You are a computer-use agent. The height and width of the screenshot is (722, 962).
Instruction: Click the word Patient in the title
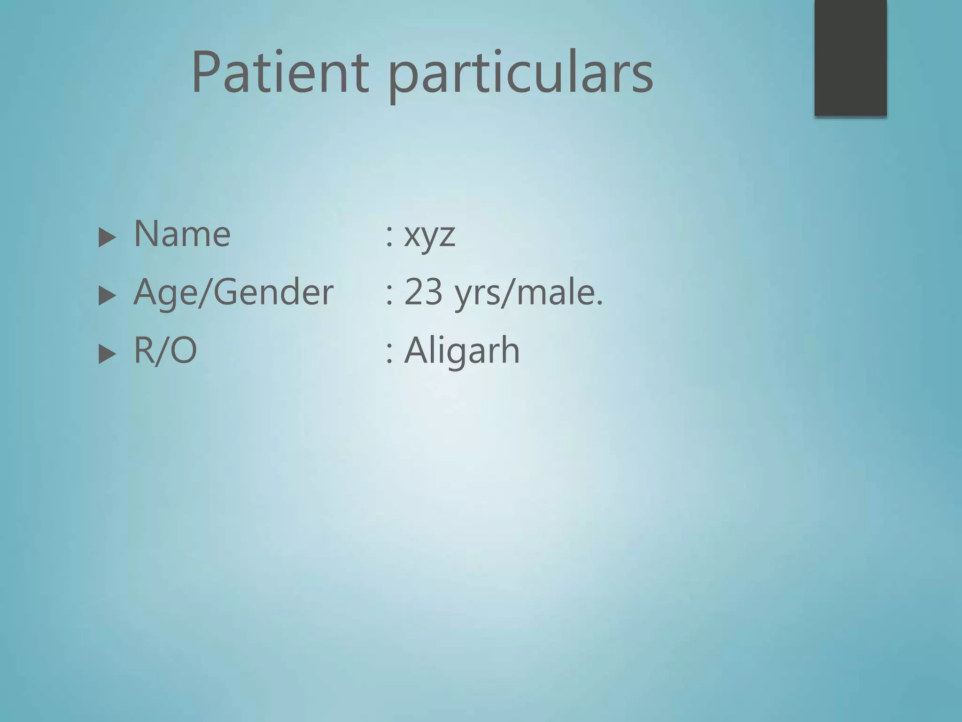tap(280, 73)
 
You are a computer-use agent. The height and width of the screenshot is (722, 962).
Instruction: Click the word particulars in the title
tap(520, 75)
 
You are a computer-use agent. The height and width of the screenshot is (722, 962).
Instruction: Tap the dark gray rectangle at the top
tap(850, 57)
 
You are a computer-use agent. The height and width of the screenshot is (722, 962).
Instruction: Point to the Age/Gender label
tap(233, 292)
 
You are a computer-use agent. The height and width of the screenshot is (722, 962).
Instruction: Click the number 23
tap(423, 292)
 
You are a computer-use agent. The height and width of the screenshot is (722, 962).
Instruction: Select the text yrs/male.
tap(528, 293)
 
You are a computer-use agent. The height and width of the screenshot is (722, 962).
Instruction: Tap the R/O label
tap(165, 351)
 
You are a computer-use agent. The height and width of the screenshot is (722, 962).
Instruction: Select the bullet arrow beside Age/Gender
tap(107, 296)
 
